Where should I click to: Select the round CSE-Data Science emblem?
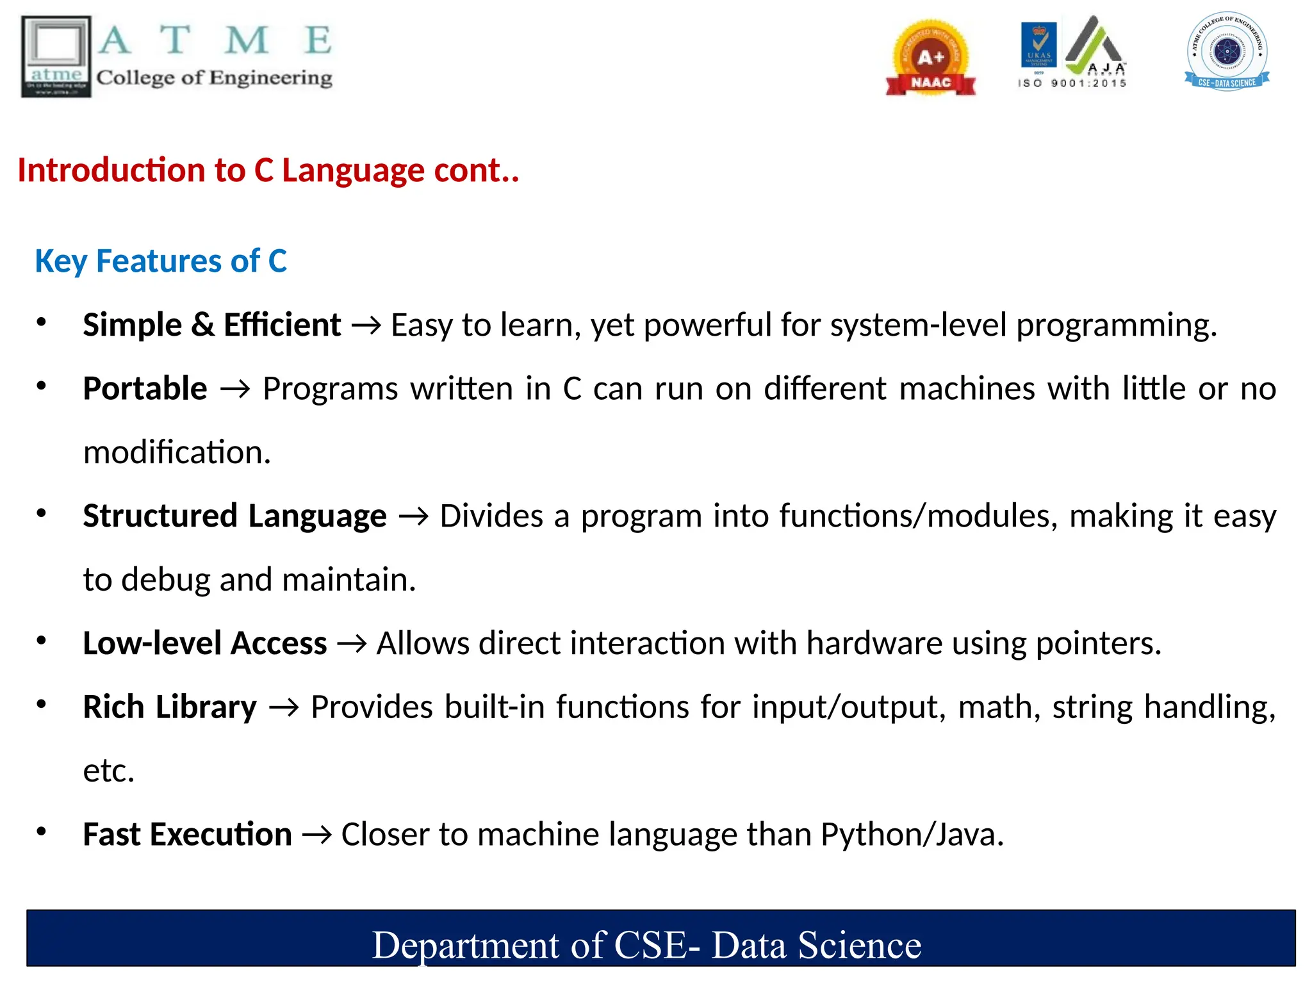tap(1227, 51)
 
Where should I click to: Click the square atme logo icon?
tap(56, 56)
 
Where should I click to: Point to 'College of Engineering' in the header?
tap(215, 78)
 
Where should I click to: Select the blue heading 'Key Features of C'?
tap(161, 261)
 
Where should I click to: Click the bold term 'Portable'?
tap(145, 389)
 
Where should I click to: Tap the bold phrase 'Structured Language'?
tap(234, 516)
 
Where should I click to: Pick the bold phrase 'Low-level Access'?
tap(205, 643)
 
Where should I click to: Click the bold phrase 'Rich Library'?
tap(170, 707)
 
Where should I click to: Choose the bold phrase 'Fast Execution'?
tap(187, 835)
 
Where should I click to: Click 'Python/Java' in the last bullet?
tap(912, 835)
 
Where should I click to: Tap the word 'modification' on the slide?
tap(177, 452)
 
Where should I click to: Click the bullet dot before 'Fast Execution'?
tap(42, 832)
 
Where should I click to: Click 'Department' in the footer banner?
tap(466, 946)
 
